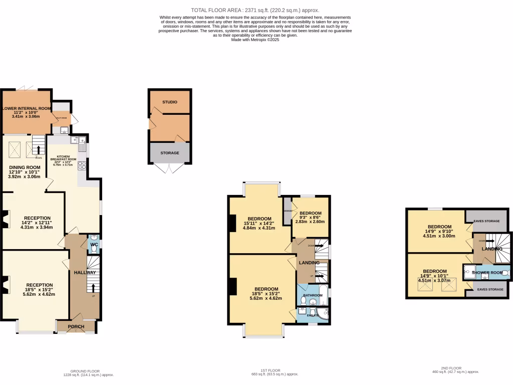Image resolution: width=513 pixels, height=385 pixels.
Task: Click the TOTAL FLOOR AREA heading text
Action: tap(255, 10)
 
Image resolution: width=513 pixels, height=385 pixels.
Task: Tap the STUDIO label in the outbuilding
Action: tap(169, 102)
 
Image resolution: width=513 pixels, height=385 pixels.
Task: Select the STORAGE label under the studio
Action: tap(169, 153)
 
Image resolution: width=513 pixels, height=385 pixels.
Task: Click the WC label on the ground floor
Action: tap(94, 245)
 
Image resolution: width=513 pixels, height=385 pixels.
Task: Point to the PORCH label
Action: tap(76, 327)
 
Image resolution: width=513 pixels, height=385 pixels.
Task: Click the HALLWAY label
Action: tap(85, 272)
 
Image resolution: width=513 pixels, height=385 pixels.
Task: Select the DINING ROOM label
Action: tap(24, 167)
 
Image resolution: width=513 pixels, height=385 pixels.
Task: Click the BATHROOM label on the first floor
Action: tap(313, 295)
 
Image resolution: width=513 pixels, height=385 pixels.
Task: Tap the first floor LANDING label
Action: tap(309, 263)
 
